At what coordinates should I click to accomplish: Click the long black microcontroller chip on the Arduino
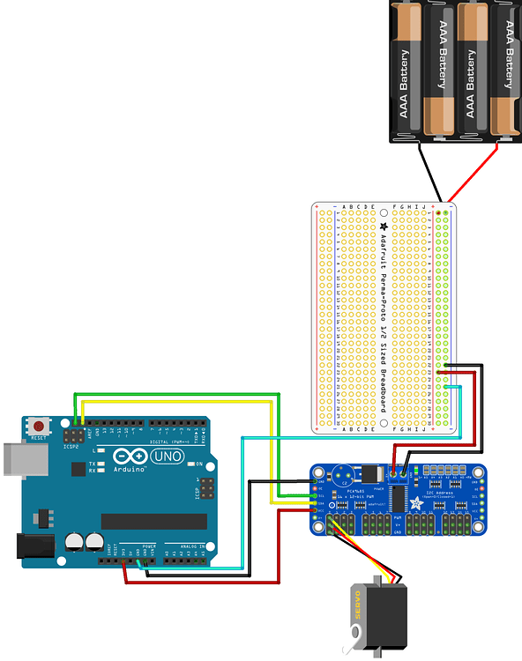(153, 522)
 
